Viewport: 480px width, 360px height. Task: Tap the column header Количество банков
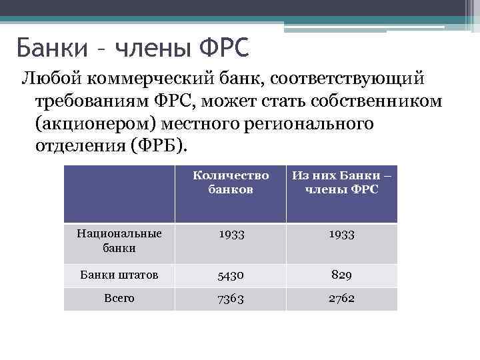click(231, 183)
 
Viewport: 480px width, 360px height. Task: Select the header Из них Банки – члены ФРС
click(341, 183)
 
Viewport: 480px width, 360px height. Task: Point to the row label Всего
click(119, 298)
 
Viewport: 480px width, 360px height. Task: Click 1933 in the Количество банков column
click(231, 235)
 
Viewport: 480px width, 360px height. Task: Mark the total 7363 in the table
click(231, 299)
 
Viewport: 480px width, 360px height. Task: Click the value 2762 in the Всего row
click(341, 299)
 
